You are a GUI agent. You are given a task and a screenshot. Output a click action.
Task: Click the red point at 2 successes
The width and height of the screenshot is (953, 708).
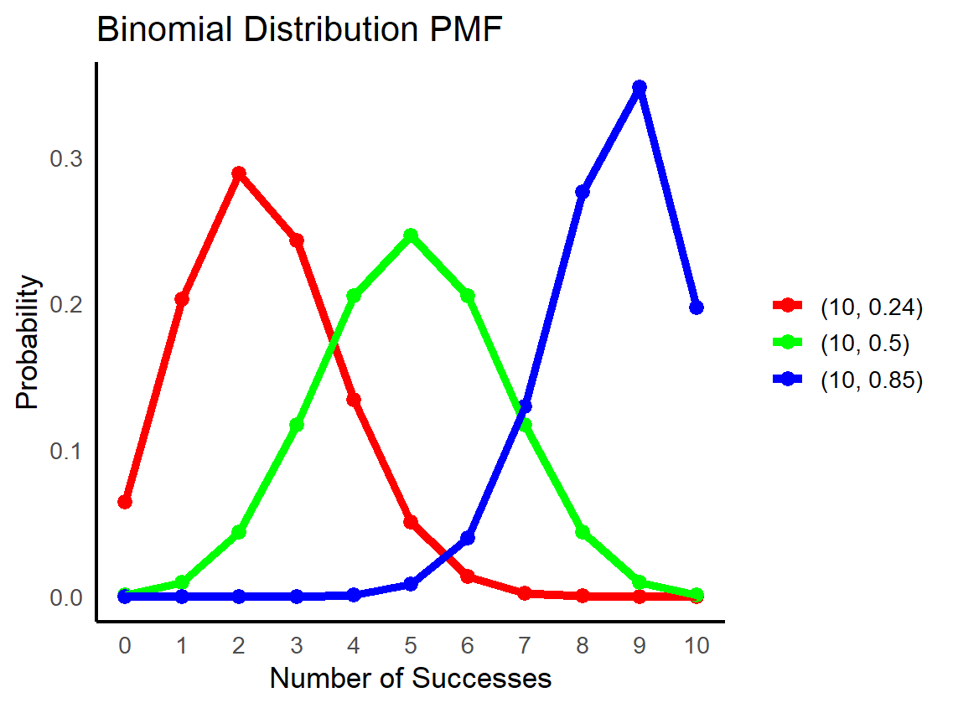click(x=239, y=173)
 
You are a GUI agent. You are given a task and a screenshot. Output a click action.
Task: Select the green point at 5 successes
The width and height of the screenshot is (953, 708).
click(x=411, y=235)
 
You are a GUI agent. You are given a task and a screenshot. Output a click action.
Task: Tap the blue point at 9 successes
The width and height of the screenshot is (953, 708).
click(x=640, y=87)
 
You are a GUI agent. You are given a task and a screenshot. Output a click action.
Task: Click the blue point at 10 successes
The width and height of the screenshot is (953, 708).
click(x=697, y=307)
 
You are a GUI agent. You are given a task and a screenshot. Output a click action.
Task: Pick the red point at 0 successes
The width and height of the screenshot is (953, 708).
click(x=125, y=502)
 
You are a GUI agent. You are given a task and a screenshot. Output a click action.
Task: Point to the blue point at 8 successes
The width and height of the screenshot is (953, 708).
click(x=583, y=192)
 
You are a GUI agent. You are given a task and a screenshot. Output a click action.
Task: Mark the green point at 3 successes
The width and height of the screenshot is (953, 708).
click(x=296, y=425)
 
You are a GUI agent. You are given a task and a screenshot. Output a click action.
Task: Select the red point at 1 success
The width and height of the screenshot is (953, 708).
click(x=182, y=299)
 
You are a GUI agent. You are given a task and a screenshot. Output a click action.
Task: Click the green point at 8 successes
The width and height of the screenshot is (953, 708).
click(x=583, y=532)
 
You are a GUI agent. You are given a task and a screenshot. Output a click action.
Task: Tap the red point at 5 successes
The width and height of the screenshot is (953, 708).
click(x=411, y=522)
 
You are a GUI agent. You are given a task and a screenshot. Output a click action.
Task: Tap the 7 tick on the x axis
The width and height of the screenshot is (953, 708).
click(x=525, y=646)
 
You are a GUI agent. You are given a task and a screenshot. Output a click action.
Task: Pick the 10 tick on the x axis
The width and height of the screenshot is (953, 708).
click(x=697, y=646)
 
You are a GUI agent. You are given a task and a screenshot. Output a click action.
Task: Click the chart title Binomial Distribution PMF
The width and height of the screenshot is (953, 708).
click(x=298, y=30)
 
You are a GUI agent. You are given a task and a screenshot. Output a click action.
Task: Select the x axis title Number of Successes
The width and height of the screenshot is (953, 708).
click(x=411, y=678)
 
